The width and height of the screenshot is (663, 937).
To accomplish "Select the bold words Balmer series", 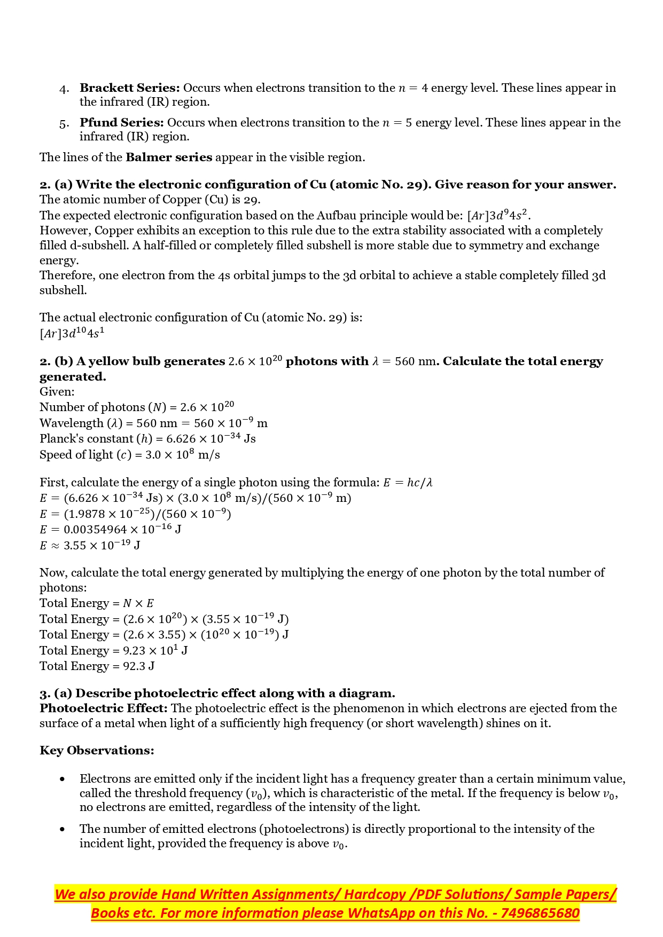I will click(169, 158).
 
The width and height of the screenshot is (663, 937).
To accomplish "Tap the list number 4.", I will click(64, 89).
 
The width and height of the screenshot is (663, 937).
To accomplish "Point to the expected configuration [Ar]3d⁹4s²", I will click(498, 216).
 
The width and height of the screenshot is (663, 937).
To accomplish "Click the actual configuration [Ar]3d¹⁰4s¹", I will click(72, 334).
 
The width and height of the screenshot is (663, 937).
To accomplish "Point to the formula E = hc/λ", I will click(408, 483).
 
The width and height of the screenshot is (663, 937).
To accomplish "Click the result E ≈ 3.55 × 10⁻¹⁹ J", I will click(90, 546).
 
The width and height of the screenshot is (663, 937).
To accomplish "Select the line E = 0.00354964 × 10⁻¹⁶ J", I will click(110, 530).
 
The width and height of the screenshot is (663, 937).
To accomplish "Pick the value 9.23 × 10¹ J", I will click(155, 651).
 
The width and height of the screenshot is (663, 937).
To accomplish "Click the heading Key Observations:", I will click(97, 751).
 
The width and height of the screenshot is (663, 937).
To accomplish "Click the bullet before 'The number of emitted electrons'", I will click(63, 830).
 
